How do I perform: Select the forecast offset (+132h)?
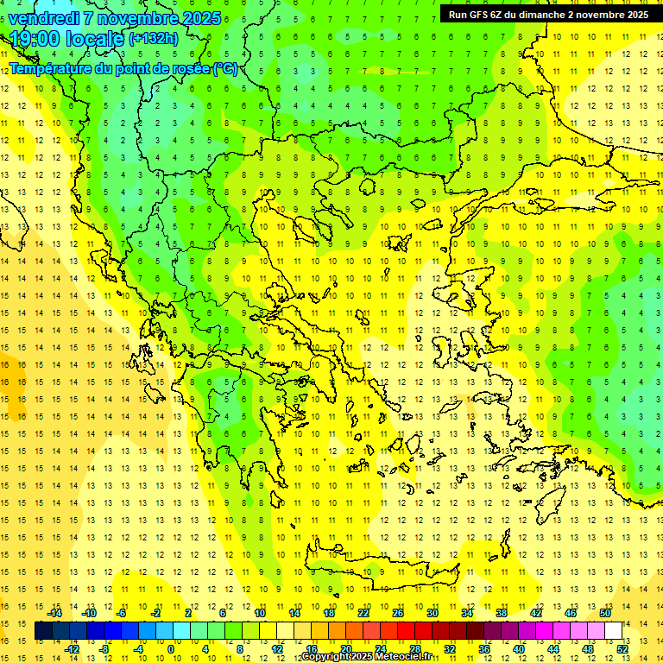[x=154, y=38]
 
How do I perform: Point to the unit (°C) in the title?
[x=225, y=68]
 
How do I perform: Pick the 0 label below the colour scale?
[x=171, y=648]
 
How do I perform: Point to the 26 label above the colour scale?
[x=398, y=613]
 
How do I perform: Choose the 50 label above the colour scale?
[x=605, y=613]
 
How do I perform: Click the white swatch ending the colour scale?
[x=613, y=631]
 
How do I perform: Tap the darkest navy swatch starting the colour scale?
[x=43, y=631]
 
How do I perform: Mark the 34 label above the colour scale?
[x=467, y=613]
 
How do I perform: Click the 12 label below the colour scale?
[x=277, y=648]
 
